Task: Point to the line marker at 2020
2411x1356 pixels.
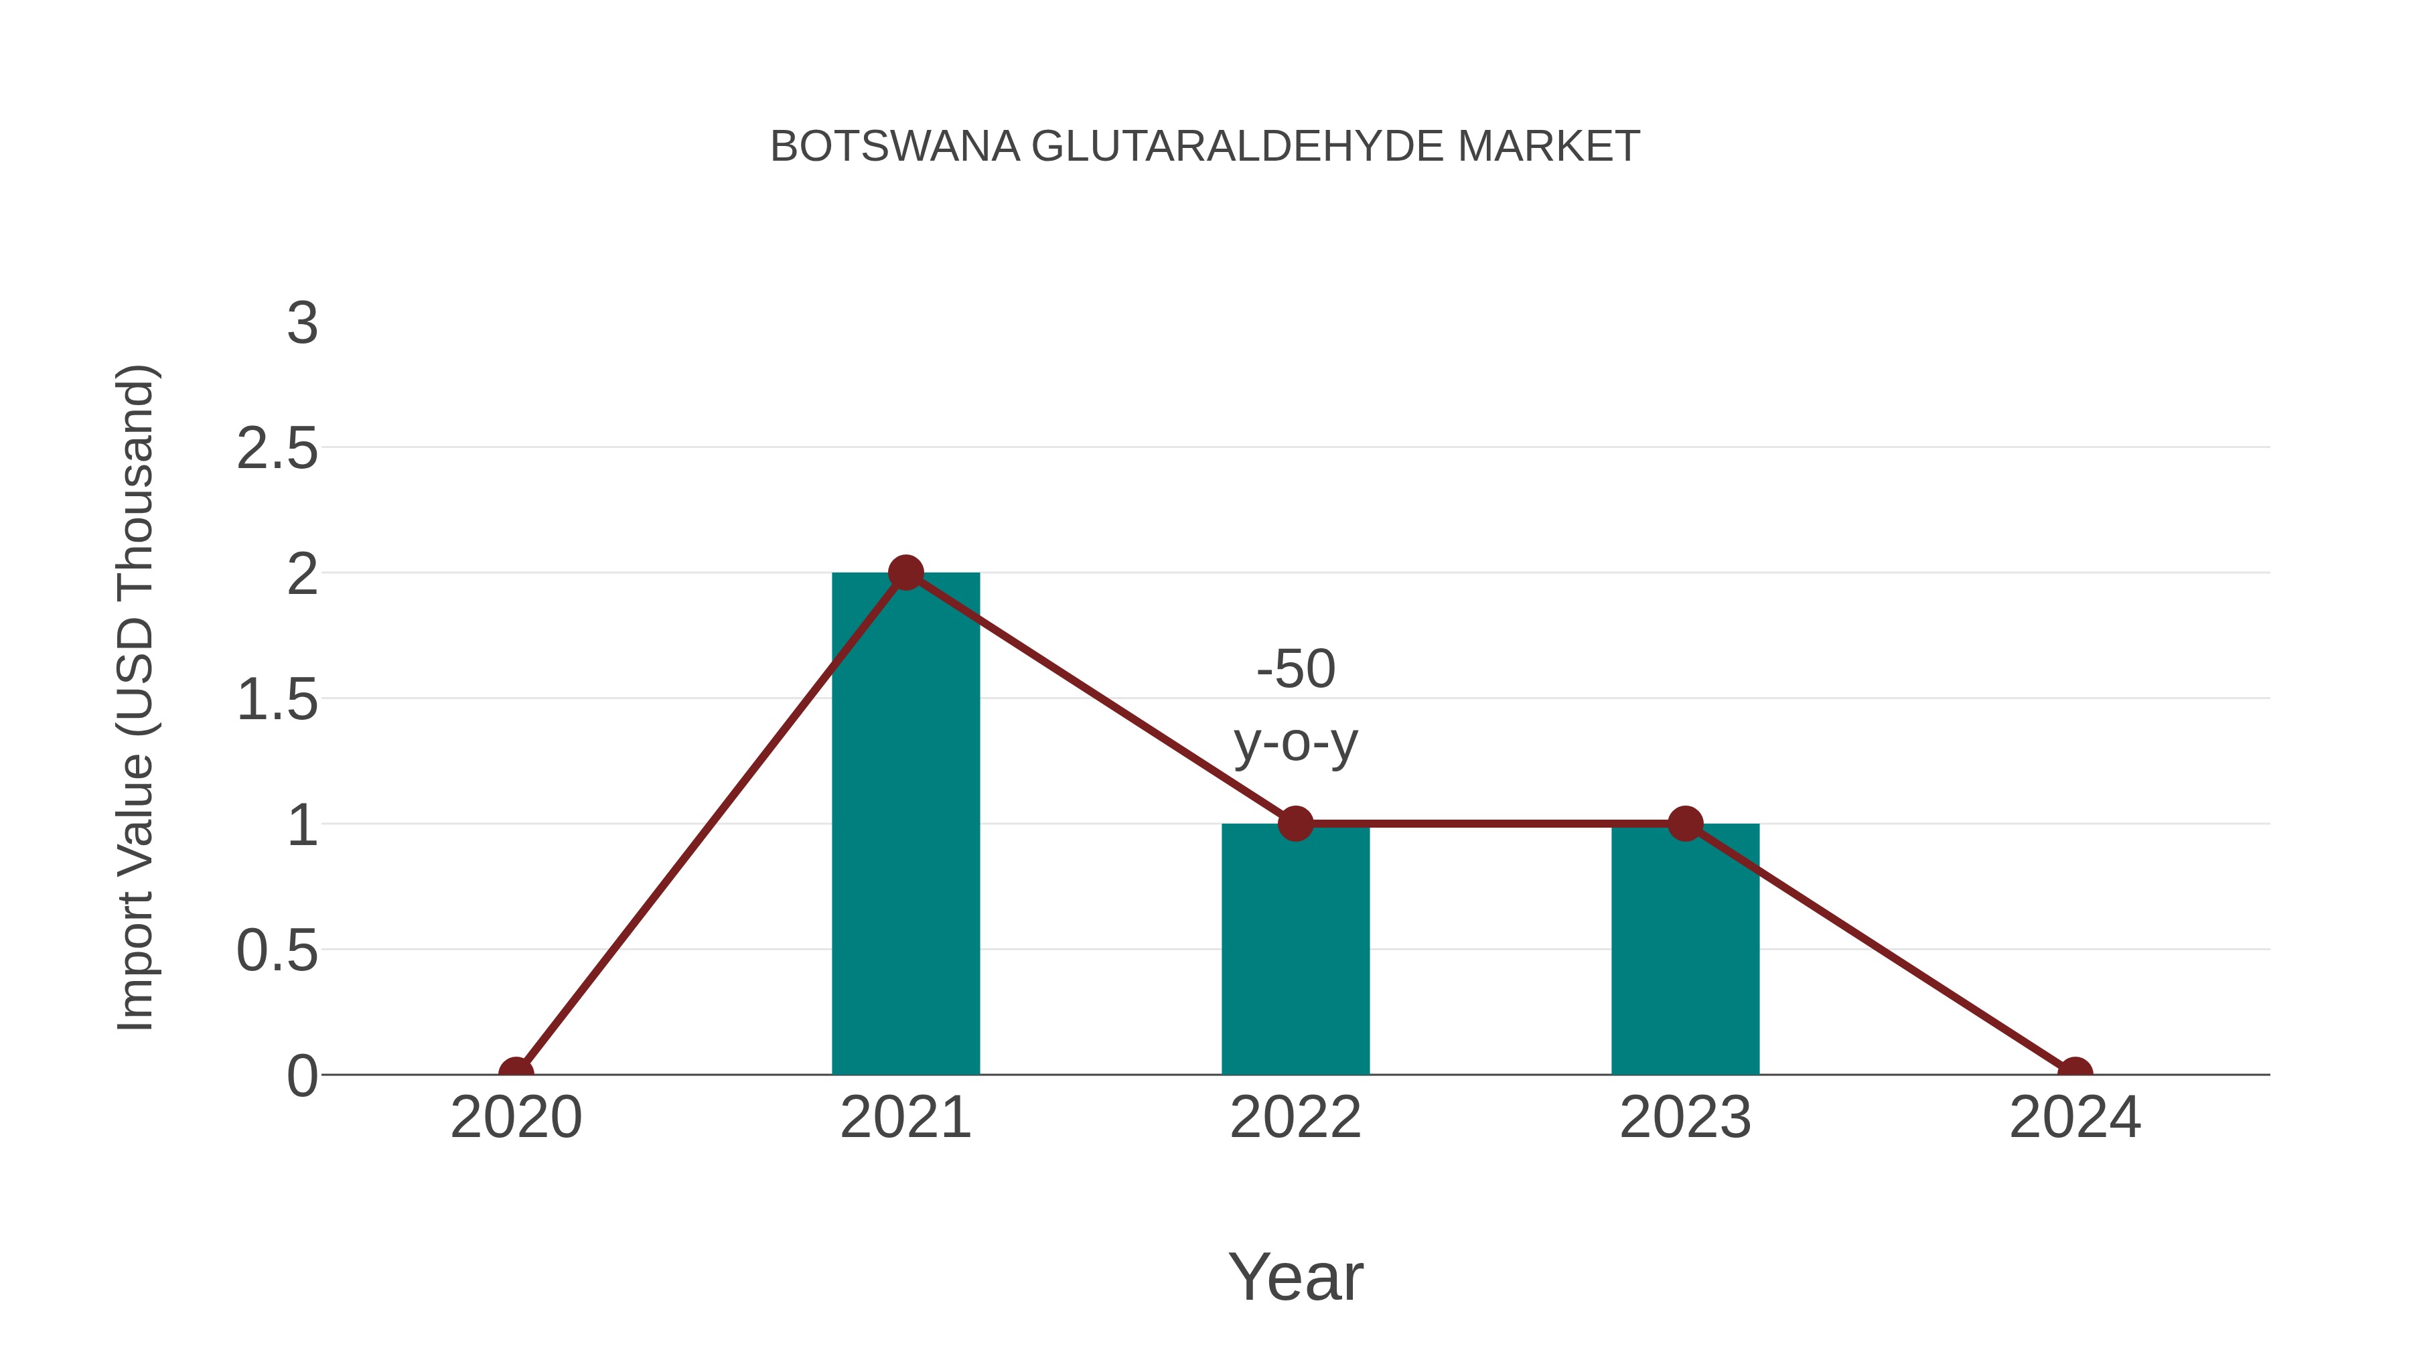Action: click(516, 1073)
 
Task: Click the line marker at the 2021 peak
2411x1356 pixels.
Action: click(905, 573)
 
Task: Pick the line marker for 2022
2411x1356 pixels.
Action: click(1295, 824)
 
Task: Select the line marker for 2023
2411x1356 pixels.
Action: click(1685, 824)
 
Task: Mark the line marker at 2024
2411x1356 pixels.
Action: click(2075, 1073)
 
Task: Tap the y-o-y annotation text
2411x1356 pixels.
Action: click(1295, 744)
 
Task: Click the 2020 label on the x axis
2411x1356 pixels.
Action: click(516, 1118)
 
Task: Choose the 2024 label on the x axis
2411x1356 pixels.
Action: click(2075, 1118)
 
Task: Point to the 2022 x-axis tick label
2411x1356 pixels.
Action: click(1295, 1118)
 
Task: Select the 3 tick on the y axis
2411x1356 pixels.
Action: click(302, 324)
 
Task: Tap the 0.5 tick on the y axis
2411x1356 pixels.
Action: click(277, 952)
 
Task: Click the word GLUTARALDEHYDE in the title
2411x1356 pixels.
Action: click(1238, 147)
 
